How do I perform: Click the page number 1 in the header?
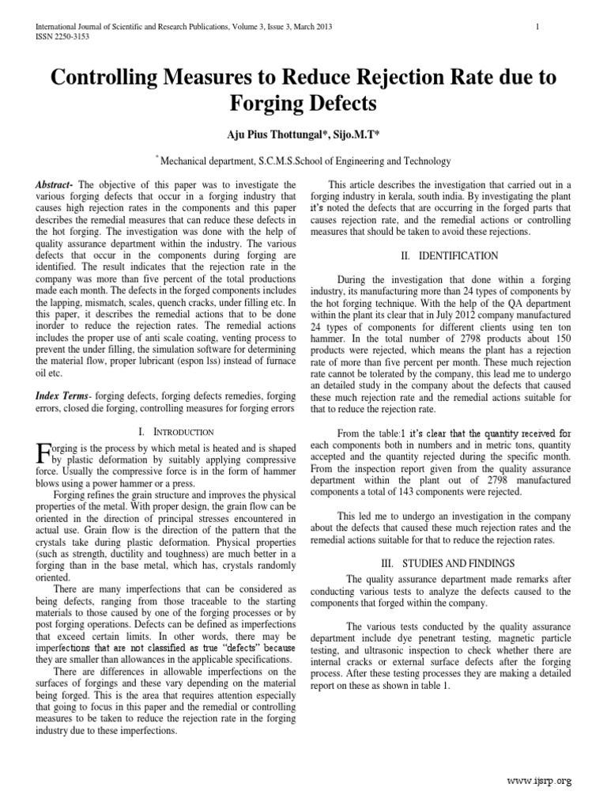pos(537,28)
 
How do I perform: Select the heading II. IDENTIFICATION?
pos(447,256)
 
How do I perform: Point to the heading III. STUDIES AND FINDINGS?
pos(447,563)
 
